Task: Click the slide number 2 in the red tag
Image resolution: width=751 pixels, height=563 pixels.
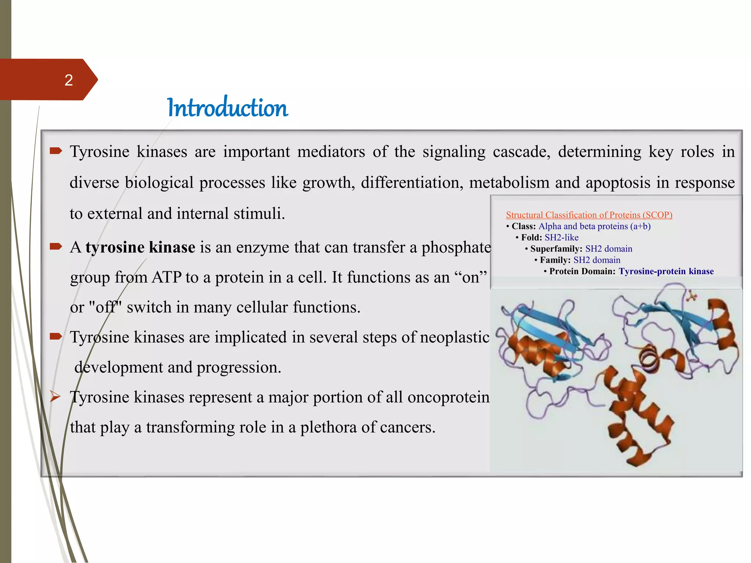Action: tap(69, 80)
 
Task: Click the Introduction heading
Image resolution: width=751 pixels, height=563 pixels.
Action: tap(227, 108)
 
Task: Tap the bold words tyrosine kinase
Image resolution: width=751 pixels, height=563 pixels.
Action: tap(140, 247)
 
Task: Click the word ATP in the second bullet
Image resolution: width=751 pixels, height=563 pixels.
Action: tap(167, 277)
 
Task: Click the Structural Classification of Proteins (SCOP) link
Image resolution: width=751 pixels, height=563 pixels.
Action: tap(589, 215)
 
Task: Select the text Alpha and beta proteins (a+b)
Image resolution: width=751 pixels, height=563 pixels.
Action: tap(594, 226)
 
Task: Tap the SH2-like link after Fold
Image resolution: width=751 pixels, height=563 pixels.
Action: tap(561, 238)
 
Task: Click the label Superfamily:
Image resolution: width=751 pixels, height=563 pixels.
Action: tap(556, 249)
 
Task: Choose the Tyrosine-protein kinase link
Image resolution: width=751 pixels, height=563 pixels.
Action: tap(666, 271)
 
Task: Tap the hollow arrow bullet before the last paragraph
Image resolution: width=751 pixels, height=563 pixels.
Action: tap(55, 397)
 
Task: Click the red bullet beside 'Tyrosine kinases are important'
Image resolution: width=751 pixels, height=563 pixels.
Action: tap(56, 151)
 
